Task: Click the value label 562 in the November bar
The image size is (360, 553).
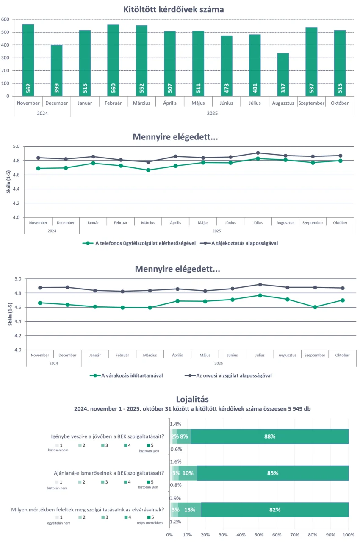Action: pyautogui.click(x=28, y=88)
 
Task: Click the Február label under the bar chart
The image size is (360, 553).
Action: pyautogui.click(x=113, y=103)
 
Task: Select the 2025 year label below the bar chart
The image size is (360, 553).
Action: pyautogui.click(x=212, y=113)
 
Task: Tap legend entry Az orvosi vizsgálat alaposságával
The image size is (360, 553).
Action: pyautogui.click(x=228, y=375)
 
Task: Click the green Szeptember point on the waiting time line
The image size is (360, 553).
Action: pyautogui.click(x=315, y=307)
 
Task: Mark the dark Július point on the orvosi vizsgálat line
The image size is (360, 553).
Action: pyautogui.click(x=260, y=285)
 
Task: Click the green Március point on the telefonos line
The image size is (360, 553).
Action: pyautogui.click(x=148, y=170)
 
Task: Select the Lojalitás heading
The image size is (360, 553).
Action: pyautogui.click(x=192, y=399)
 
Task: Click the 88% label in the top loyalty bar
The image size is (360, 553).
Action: pyautogui.click(x=270, y=436)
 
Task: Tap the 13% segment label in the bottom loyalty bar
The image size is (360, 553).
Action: pyautogui.click(x=190, y=510)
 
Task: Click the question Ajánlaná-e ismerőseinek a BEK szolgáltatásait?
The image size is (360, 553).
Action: pyautogui.click(x=109, y=473)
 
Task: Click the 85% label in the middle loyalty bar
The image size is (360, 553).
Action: pyautogui.click(x=272, y=473)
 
